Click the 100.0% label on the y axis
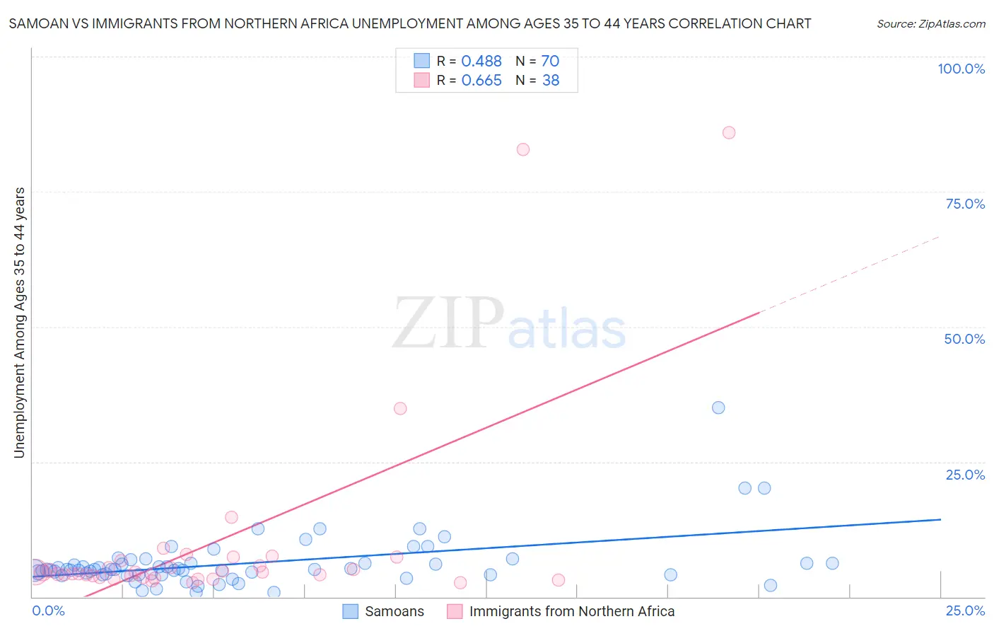click(961, 69)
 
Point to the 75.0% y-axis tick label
click(965, 204)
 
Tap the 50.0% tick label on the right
click(964, 339)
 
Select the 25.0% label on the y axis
click(965, 475)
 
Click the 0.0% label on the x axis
click(48, 610)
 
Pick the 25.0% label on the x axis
click(965, 610)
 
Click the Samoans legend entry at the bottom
click(394, 611)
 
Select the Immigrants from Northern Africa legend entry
click(571, 611)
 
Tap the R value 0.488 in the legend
click(481, 62)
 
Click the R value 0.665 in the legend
click(481, 81)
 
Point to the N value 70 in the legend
click(550, 62)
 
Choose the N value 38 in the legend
click(550, 81)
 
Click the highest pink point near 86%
click(729, 132)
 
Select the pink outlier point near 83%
click(523, 149)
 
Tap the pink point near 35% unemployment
click(400, 408)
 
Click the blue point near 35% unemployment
click(718, 407)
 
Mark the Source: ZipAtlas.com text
click(930, 24)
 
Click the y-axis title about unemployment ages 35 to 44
click(19, 323)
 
